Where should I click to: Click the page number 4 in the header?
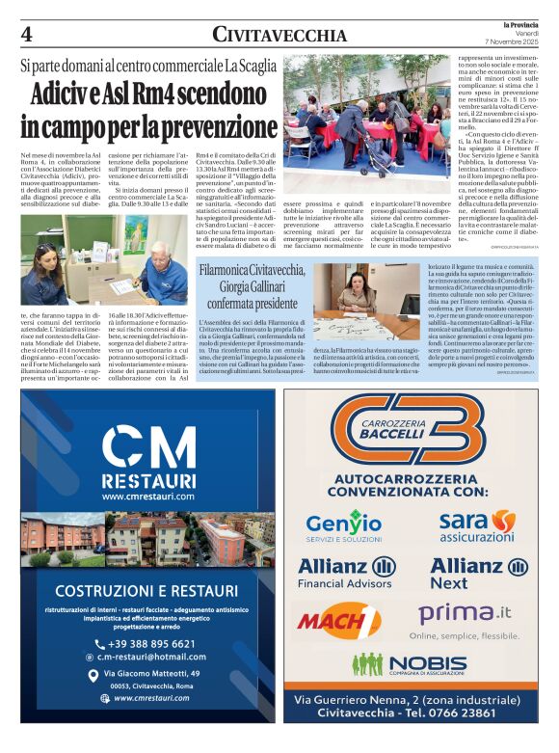tap(27, 35)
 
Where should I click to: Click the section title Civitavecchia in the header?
tap(279, 35)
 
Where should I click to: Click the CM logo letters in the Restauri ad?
tap(147, 448)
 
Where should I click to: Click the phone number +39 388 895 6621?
tap(151, 644)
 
